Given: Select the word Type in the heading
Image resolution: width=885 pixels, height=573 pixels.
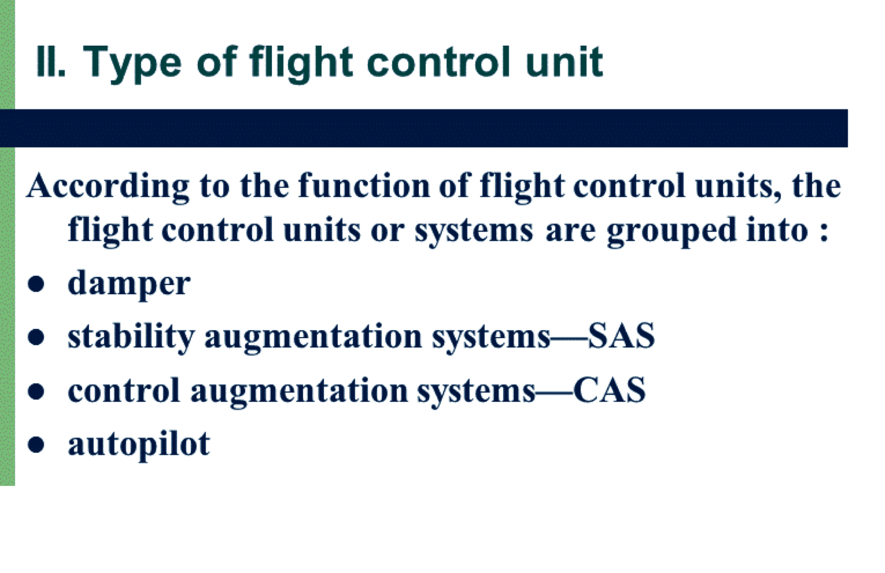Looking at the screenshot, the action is tap(132, 64).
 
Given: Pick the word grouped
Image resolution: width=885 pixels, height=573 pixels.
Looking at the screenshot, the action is tap(672, 231).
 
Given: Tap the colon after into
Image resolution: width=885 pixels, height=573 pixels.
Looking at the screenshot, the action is tap(823, 232).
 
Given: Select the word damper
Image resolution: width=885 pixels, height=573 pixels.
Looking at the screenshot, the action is tap(129, 284).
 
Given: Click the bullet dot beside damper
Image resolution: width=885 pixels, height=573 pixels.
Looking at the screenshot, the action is tap(36, 284).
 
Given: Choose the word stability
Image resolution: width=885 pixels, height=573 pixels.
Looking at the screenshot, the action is tap(131, 337).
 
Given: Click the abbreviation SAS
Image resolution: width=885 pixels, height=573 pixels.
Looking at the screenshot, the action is tap(621, 336).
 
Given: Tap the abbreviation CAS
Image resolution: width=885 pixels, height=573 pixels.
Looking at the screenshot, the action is tap(610, 390).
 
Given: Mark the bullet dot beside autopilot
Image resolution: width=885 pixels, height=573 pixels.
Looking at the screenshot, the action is tap(36, 445).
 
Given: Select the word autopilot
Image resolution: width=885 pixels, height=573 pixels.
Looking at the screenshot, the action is tap(139, 445).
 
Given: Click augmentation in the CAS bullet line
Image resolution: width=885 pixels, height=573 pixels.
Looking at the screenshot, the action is tap(299, 391).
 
